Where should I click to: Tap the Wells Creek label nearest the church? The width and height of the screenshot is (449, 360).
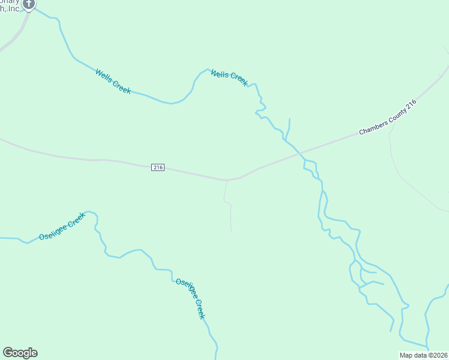pyautogui.click(x=113, y=81)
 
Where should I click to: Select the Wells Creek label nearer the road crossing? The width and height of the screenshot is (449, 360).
pyautogui.click(x=229, y=77)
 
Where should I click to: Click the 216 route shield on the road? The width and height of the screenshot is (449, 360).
pyautogui.click(x=158, y=168)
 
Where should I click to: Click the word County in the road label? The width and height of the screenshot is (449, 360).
pyautogui.click(x=397, y=113)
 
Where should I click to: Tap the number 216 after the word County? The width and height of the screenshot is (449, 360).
pyautogui.click(x=411, y=105)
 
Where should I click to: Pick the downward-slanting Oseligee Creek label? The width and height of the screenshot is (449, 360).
pyautogui.click(x=191, y=298)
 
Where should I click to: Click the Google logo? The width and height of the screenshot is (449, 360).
pyautogui.click(x=20, y=353)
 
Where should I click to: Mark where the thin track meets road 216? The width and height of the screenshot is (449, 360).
pyautogui.click(x=227, y=180)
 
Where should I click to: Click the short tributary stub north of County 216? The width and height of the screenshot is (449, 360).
pyautogui.click(x=289, y=128)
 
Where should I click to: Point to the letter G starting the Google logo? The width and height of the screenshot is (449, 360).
pyautogui.click(x=8, y=353)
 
